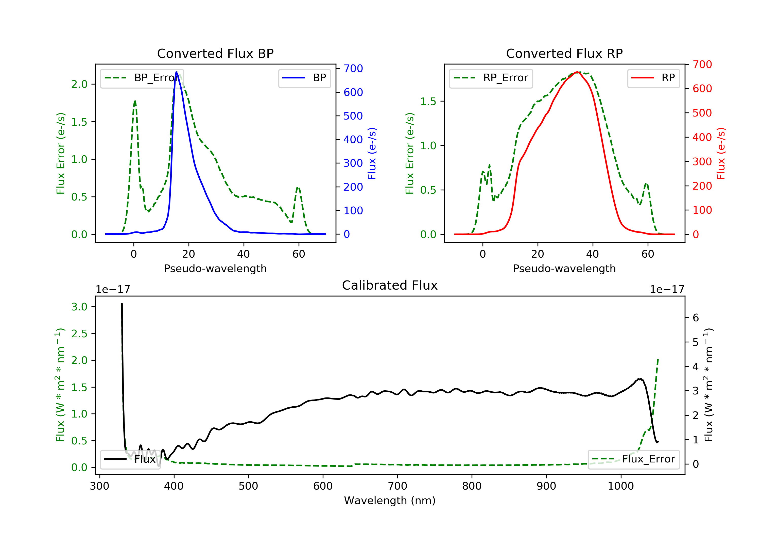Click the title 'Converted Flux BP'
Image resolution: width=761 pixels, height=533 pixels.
215,53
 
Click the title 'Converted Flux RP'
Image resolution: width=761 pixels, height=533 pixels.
564,53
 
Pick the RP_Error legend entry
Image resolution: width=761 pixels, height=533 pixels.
491,78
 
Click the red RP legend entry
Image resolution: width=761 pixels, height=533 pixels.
653,78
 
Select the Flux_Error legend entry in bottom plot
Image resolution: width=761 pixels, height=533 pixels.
633,459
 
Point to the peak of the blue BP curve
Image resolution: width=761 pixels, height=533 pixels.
176,72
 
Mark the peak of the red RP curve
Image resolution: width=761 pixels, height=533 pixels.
577,72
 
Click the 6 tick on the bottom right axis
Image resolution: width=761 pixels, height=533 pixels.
696,318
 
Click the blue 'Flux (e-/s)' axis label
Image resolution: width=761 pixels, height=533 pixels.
372,153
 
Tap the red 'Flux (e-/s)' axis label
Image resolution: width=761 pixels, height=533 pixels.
721,153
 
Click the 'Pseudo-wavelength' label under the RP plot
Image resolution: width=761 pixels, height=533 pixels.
564,268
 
